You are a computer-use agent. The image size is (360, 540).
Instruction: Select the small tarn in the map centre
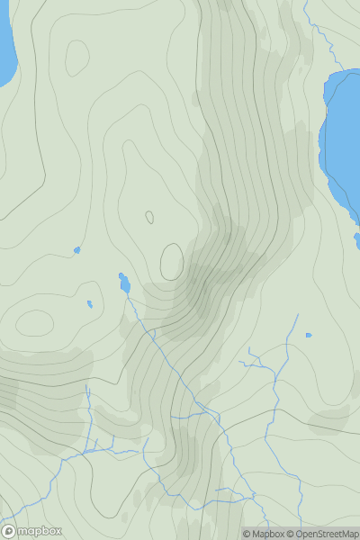coord(124,283)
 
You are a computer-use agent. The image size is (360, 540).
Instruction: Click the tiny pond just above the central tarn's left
coord(77,250)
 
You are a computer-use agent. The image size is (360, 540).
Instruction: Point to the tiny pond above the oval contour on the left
coord(89,304)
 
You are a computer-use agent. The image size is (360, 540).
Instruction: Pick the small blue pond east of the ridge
coord(309,336)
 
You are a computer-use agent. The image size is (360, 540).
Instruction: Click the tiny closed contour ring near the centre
coord(149,217)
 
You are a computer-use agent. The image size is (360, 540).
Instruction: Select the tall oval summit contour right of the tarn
coord(172,261)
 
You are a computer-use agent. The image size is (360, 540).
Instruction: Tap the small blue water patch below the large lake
coord(357,240)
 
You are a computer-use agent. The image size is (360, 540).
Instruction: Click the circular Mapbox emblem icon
coord(9,531)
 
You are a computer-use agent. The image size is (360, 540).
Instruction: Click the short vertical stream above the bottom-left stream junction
coord(87,405)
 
